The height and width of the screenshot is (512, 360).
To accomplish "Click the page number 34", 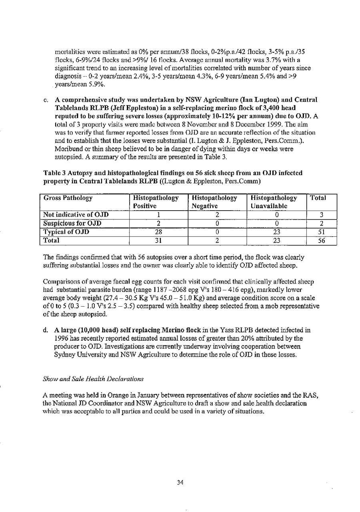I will pos(180,482).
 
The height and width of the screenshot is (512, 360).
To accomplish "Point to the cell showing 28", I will pos(156,231).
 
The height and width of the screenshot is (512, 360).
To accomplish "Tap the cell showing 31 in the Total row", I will pos(156,240).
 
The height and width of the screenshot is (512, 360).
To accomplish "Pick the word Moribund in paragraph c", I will pos(67,148).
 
